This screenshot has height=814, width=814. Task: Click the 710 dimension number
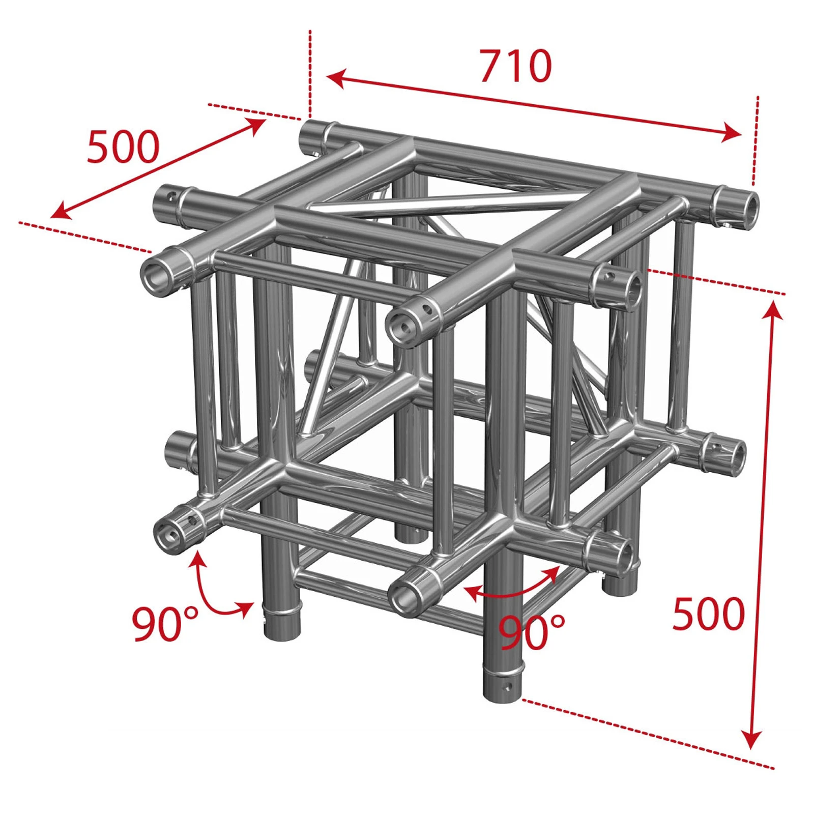[516, 66]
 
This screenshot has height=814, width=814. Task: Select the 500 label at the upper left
[124, 147]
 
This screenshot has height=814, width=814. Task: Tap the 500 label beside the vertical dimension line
[709, 614]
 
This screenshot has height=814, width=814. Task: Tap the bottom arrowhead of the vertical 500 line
[751, 739]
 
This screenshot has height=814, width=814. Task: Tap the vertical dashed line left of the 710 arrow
[310, 74]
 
